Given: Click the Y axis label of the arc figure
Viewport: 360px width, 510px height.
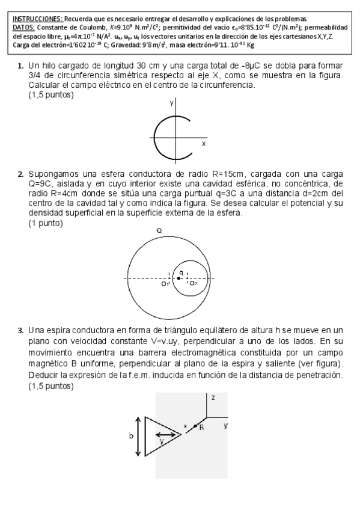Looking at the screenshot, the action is point(171,103).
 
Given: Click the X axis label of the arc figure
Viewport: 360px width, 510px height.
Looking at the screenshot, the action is point(203,144).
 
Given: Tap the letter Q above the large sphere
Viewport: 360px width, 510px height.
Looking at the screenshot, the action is point(159,230).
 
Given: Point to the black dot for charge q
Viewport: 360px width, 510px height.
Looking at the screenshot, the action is point(178,278).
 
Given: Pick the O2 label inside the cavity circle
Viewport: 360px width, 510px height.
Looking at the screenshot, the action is point(192,283).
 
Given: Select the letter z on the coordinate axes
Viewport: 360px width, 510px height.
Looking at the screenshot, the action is point(213,398).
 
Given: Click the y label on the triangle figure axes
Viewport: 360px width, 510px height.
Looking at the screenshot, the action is point(225,425).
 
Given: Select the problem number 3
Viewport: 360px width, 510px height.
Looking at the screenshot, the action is point(20,330).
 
